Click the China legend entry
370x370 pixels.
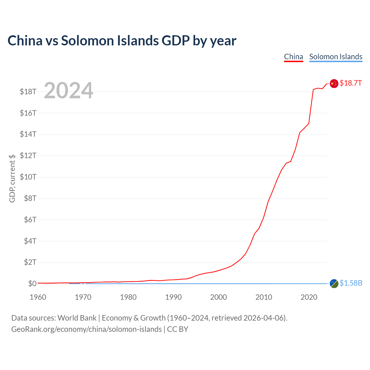294,57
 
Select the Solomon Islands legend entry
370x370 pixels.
336,57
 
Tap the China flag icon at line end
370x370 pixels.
334,84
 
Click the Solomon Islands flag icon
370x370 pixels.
334,284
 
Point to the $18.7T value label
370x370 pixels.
351,83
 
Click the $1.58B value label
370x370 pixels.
351,283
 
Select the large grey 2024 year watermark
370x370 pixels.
69,90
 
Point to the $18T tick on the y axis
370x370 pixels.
28,92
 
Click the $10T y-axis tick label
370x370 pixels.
28,177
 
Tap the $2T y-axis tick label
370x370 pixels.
30,262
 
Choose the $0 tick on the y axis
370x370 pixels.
32,284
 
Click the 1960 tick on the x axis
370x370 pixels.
38,297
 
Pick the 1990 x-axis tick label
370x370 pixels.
173,297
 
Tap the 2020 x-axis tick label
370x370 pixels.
309,297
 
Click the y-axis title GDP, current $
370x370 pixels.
12,178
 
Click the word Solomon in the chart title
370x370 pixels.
88,41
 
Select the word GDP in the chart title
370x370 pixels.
175,41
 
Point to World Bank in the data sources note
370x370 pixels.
77,318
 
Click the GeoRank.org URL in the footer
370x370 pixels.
86,330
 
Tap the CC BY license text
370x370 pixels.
177,329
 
